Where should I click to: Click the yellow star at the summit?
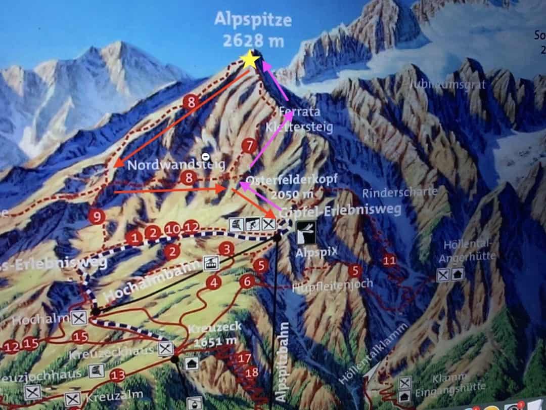(x=250, y=60)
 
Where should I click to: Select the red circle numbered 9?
(x=96, y=217)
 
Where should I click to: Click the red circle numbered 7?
(x=248, y=146)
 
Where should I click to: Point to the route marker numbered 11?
(x=389, y=261)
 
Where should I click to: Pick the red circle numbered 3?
(x=226, y=249)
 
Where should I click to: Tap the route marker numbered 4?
(x=214, y=282)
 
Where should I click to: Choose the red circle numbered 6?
(x=247, y=281)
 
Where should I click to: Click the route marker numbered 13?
(x=117, y=375)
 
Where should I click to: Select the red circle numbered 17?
(x=245, y=358)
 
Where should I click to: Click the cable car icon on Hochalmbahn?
(x=210, y=263)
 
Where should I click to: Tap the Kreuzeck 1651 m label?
(x=214, y=334)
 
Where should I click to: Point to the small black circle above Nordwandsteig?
(x=205, y=156)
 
